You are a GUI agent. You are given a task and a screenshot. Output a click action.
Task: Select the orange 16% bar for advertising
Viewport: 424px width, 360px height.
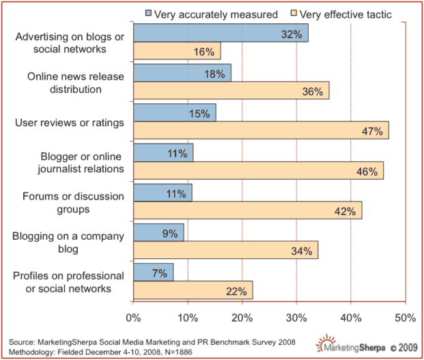(x=177, y=51)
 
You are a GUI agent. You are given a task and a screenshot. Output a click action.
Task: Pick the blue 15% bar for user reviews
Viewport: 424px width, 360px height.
(x=175, y=113)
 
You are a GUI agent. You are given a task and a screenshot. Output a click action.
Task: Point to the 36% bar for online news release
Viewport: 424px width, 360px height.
(x=231, y=91)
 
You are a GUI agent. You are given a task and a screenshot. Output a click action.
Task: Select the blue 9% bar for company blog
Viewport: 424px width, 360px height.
(x=158, y=233)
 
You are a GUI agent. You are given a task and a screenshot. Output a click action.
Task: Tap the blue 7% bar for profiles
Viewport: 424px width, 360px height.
(x=153, y=273)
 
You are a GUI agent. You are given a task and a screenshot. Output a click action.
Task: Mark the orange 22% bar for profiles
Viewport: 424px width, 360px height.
(x=193, y=291)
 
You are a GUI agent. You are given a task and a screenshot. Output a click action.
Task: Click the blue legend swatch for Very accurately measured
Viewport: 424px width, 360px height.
(x=150, y=13)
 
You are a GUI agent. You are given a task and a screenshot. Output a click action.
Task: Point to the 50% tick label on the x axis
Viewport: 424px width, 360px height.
(x=404, y=318)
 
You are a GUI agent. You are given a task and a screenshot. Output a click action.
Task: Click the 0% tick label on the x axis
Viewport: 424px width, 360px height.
(x=133, y=318)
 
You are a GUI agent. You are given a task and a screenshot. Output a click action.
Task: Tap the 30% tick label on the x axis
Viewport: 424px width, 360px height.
(x=296, y=318)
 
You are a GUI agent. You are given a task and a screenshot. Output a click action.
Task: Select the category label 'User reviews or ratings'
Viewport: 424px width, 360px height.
(x=70, y=122)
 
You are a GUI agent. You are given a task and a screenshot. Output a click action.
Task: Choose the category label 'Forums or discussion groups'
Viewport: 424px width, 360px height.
(x=69, y=202)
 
